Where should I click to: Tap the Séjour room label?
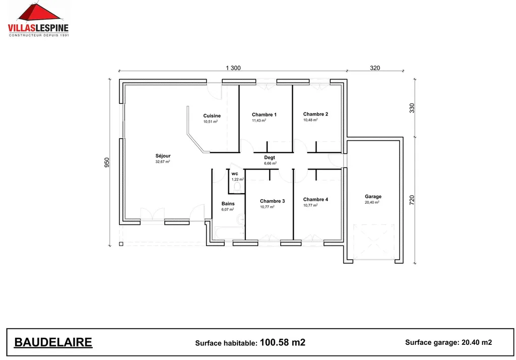163,156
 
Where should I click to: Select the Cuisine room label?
212,116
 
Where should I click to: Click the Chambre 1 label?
264,114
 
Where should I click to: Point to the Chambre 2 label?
315,114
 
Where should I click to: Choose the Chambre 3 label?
272,201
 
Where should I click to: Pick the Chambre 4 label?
315,199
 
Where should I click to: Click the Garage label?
373,197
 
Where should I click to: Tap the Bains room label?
228,204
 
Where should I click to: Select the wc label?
235,173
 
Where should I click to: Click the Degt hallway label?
270,157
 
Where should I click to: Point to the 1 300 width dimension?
233,68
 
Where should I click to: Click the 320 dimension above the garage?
375,68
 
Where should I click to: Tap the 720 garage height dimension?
412,200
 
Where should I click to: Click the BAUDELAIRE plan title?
53,342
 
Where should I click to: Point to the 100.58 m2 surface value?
282,342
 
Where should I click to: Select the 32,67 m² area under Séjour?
163,162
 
